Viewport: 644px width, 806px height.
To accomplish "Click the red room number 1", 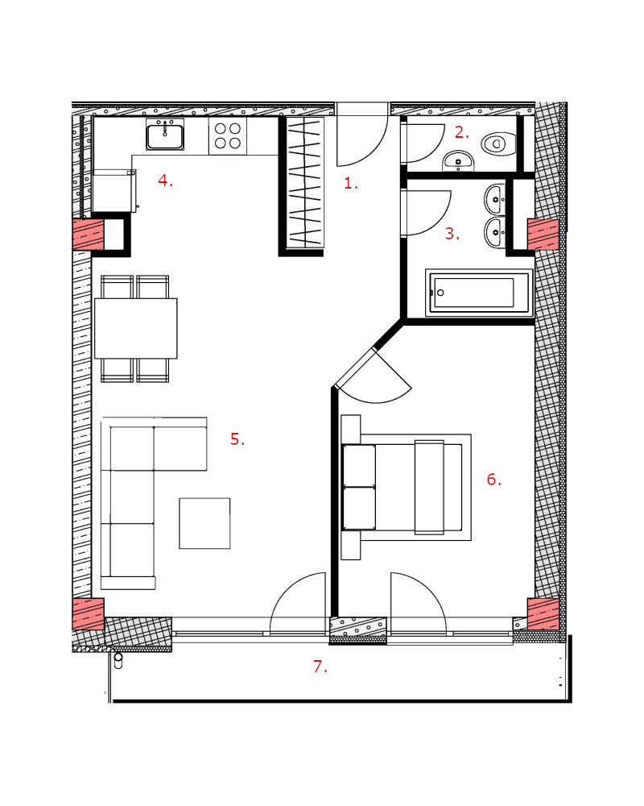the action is pyautogui.click(x=351, y=183).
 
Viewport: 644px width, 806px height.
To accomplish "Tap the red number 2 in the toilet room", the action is pyautogui.click(x=462, y=133).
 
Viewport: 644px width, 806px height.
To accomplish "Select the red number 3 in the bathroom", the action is pyautogui.click(x=452, y=234).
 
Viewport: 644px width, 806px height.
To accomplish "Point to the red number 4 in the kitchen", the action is pyautogui.click(x=165, y=181).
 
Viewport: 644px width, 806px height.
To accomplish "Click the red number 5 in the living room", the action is pyautogui.click(x=237, y=439).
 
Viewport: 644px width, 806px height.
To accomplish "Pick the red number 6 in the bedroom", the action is pyautogui.click(x=494, y=480).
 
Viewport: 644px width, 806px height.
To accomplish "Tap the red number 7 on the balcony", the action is pyautogui.click(x=320, y=667).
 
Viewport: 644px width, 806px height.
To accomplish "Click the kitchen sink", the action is pyautogui.click(x=165, y=135).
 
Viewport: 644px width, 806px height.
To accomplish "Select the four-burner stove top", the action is pyautogui.click(x=228, y=135).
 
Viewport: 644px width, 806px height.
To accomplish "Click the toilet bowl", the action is pyautogui.click(x=498, y=143).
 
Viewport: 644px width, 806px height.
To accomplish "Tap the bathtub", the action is pyautogui.click(x=479, y=293).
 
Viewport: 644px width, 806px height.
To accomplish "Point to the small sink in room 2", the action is pyautogui.click(x=458, y=161).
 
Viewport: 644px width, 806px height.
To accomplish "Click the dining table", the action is pyautogui.click(x=135, y=329).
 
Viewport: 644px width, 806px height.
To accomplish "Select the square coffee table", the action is pyautogui.click(x=204, y=523).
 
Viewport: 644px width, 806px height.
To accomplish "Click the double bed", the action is pyautogui.click(x=407, y=487).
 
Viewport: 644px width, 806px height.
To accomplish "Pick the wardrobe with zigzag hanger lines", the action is pyautogui.click(x=305, y=183).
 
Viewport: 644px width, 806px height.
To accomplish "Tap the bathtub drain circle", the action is pyautogui.click(x=440, y=293).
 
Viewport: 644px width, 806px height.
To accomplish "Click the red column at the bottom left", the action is pyautogui.click(x=89, y=613).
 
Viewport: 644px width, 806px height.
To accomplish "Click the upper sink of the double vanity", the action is pyautogui.click(x=495, y=199).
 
